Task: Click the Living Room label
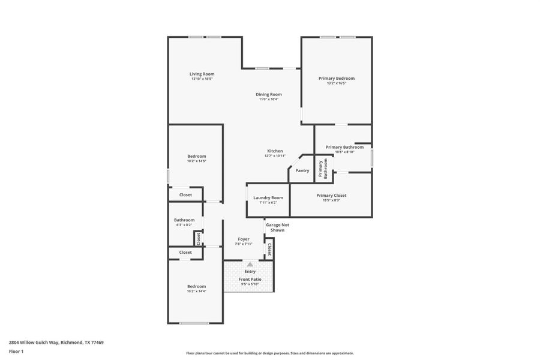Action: tap(202, 74)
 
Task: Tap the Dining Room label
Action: tap(269, 94)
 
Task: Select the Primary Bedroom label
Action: tap(336, 78)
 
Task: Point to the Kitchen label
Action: tap(275, 151)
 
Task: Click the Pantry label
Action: tap(302, 170)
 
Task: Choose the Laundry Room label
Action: tap(268, 197)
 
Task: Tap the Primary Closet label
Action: tap(331, 195)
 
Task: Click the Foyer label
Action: tap(244, 239)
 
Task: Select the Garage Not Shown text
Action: tap(277, 227)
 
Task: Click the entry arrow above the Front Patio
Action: tap(250, 264)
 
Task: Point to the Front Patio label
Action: tap(250, 279)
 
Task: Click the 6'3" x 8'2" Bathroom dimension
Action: tap(184, 225)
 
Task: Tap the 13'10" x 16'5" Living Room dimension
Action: tap(202, 79)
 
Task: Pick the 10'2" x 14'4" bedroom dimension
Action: tap(196, 292)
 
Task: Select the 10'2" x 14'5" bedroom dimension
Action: tap(196, 161)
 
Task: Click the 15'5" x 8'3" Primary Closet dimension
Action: tap(331, 200)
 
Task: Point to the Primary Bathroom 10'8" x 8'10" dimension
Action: tap(344, 152)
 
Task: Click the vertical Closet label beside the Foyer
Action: tap(269, 249)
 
